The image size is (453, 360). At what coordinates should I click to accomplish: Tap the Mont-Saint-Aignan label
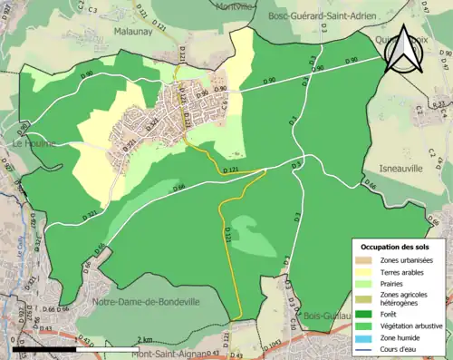click(x=164, y=353)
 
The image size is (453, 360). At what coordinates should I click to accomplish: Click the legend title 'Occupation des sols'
click(x=397, y=246)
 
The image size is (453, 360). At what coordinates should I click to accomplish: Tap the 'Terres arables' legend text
click(x=406, y=271)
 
